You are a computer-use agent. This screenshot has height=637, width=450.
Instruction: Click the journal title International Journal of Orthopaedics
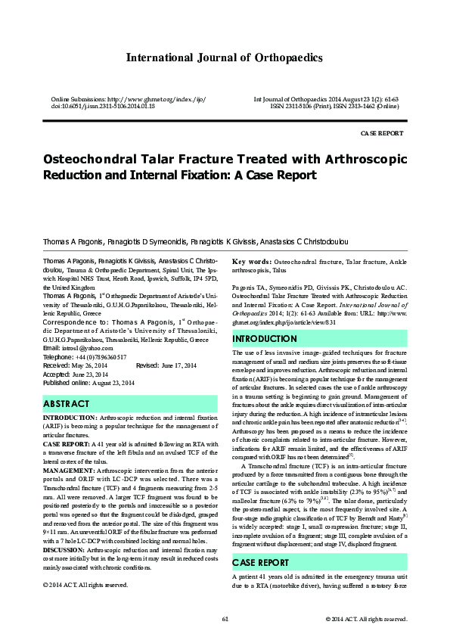click(224, 57)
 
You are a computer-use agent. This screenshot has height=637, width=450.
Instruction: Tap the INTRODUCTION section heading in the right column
click(265, 338)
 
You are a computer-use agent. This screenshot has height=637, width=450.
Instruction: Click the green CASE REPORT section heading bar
click(261, 562)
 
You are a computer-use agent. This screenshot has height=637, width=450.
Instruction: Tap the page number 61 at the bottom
click(225, 620)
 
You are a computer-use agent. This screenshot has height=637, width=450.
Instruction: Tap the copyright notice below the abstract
click(85, 584)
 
